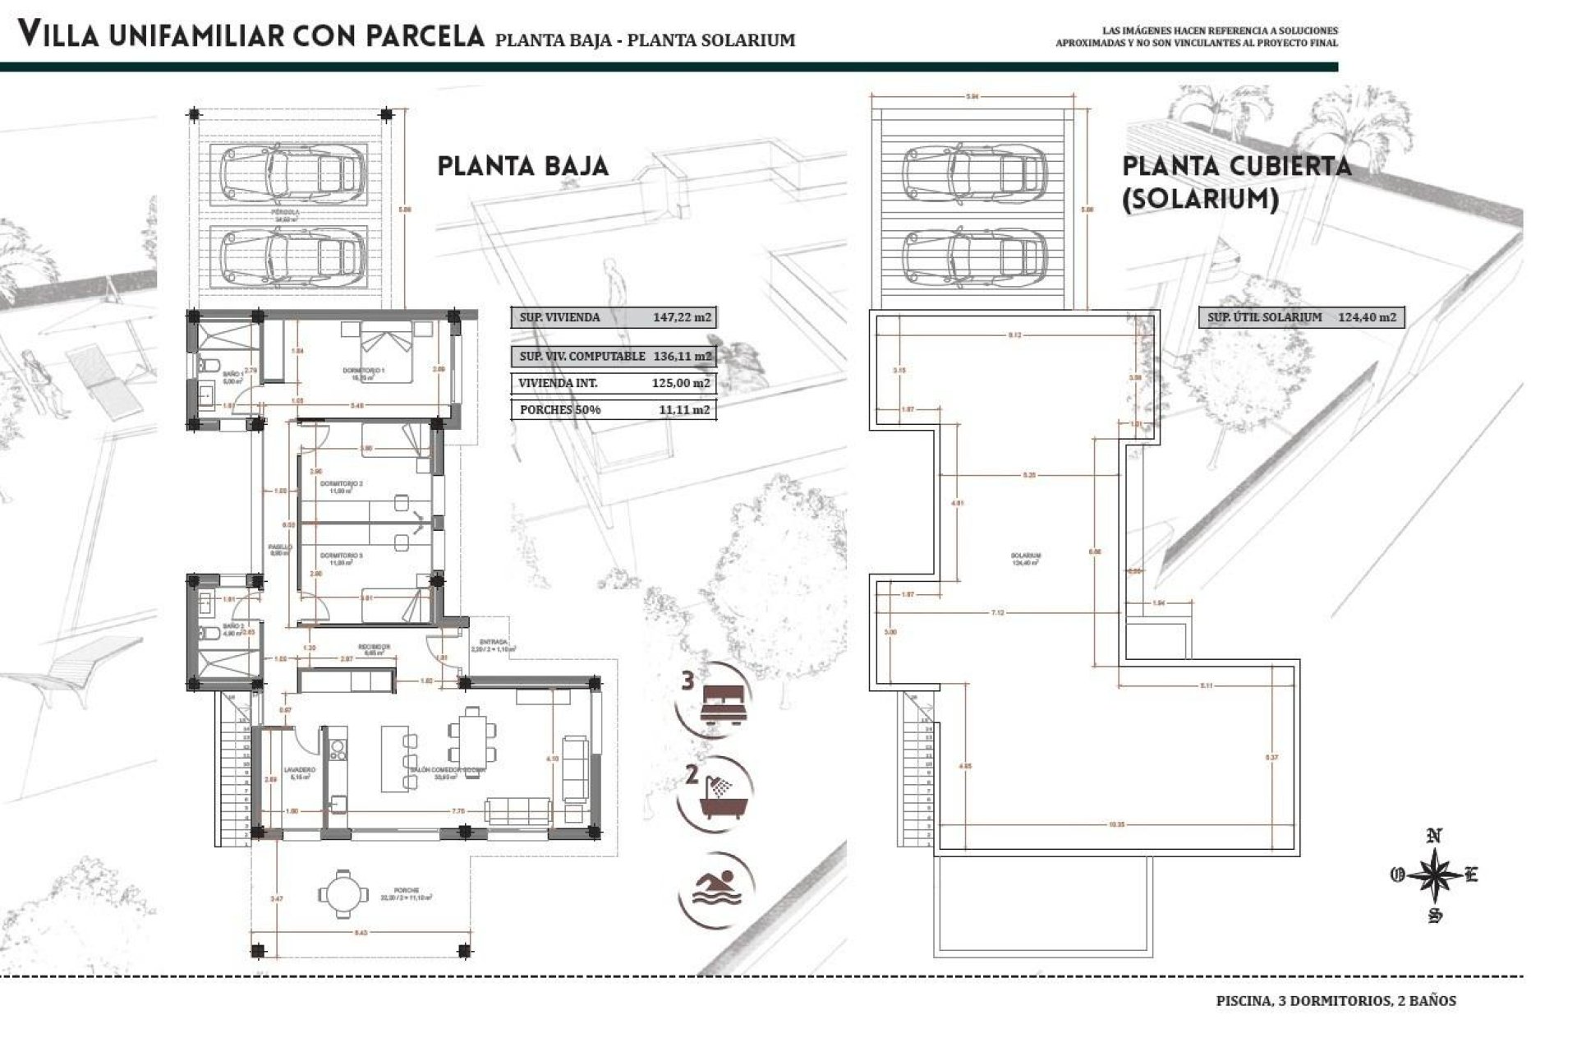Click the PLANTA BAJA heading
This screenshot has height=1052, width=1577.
(x=522, y=167)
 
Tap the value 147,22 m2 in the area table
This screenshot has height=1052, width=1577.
(x=682, y=317)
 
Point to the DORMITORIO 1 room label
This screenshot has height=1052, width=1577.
(x=364, y=371)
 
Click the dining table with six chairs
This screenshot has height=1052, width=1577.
(x=471, y=735)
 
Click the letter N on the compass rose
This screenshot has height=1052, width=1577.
(x=1434, y=837)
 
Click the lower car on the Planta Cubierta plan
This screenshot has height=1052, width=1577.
(x=974, y=256)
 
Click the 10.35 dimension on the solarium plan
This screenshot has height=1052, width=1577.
(x=1115, y=824)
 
